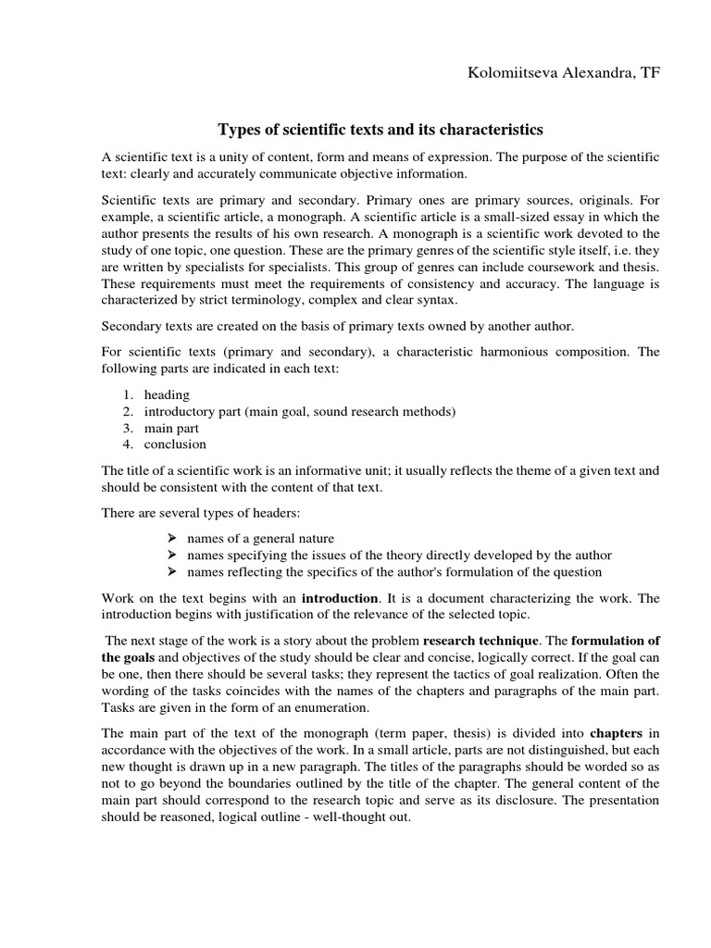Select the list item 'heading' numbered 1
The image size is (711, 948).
point(167,394)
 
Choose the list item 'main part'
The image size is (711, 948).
point(171,428)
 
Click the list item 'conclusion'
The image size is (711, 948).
point(175,444)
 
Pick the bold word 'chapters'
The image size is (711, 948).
point(617,732)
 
